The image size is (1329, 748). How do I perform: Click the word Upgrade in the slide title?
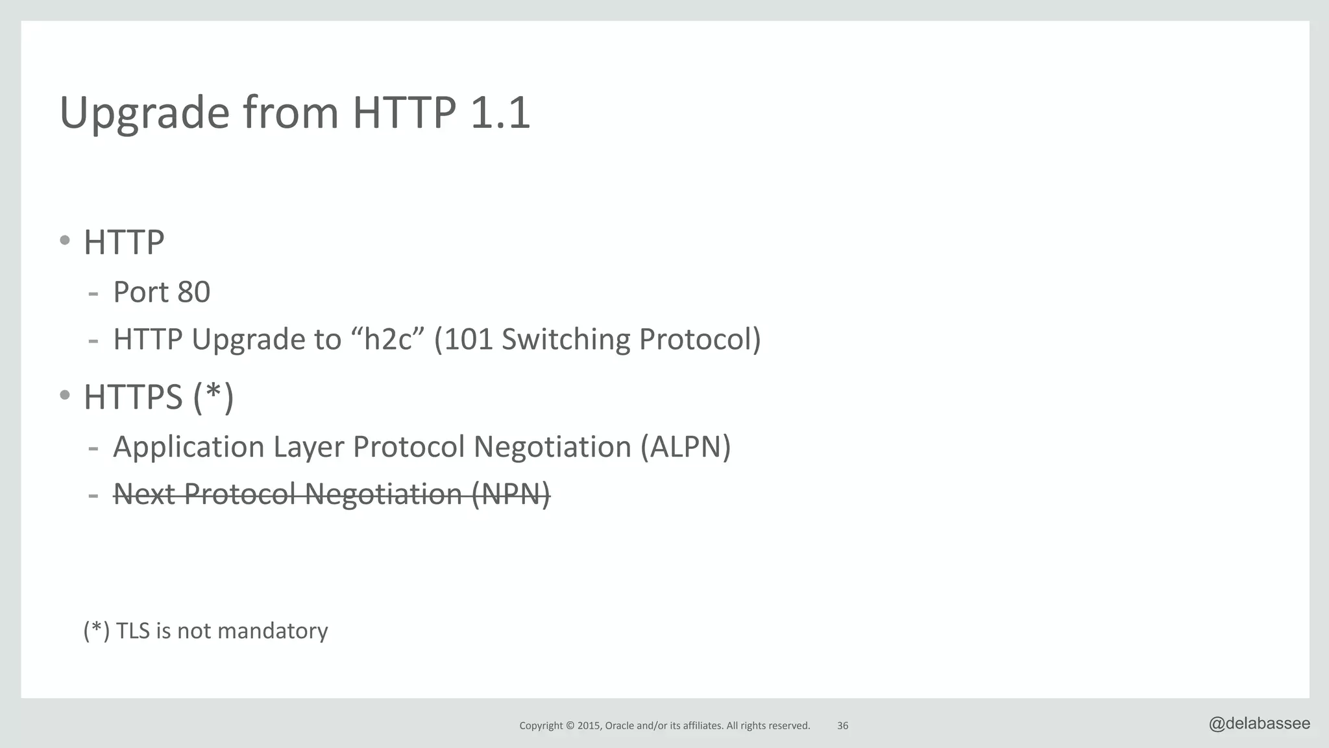click(144, 114)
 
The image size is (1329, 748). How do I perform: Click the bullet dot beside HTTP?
click(64, 241)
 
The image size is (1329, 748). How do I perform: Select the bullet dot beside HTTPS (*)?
click(64, 394)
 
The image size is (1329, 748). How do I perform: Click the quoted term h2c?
click(388, 339)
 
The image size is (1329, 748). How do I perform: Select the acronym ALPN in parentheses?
click(685, 447)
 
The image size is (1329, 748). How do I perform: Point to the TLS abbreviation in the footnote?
click(132, 631)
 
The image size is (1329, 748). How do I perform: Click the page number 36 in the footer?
click(842, 726)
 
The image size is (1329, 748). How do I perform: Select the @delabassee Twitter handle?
click(1259, 724)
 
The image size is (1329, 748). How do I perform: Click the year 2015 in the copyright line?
click(589, 726)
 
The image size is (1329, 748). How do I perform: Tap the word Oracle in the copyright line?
click(619, 726)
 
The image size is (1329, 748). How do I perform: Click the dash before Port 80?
click(93, 294)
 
